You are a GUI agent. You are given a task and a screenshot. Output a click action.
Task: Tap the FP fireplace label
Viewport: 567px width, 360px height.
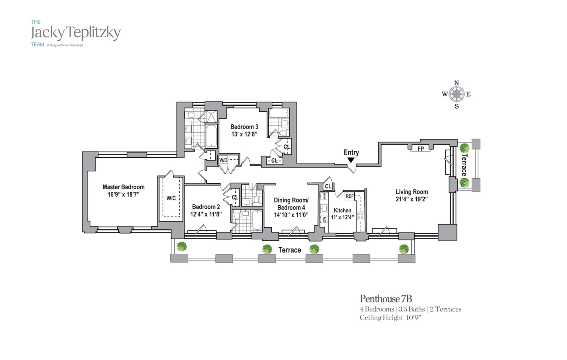point(421,149)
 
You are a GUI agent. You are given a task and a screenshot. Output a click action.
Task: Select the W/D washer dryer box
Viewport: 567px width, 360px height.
point(223,160)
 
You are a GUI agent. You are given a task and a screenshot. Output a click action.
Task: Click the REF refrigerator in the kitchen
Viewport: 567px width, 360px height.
point(349,196)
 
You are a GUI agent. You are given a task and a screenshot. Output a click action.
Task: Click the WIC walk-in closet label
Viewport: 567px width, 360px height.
point(171,198)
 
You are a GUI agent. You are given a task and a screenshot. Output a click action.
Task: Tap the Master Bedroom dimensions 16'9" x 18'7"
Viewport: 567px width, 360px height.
point(123,195)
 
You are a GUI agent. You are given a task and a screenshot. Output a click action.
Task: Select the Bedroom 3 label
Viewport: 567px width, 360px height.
point(244,127)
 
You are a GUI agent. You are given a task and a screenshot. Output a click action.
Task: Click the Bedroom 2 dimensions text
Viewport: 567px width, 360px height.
point(206,214)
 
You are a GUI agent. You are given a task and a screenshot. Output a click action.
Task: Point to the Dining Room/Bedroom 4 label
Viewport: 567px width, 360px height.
point(291,204)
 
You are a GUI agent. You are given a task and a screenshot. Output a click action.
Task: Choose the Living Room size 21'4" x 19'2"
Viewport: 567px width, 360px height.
point(412,199)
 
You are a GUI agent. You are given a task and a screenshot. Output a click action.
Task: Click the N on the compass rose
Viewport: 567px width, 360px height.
point(457,83)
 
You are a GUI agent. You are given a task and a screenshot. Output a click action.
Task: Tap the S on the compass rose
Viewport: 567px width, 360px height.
point(457,107)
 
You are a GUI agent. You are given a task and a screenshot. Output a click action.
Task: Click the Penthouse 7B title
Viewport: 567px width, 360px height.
point(386,299)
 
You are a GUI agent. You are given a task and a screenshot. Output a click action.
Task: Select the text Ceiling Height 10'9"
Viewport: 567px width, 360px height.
point(390,318)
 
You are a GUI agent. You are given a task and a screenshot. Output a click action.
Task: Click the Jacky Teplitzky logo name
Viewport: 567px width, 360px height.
point(76,32)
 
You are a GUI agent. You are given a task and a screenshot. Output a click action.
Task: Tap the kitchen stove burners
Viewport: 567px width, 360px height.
point(361,216)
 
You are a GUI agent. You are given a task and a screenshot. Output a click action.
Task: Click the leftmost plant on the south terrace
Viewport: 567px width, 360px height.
point(182,246)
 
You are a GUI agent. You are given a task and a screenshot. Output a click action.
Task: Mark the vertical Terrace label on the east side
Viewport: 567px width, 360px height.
point(464,165)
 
